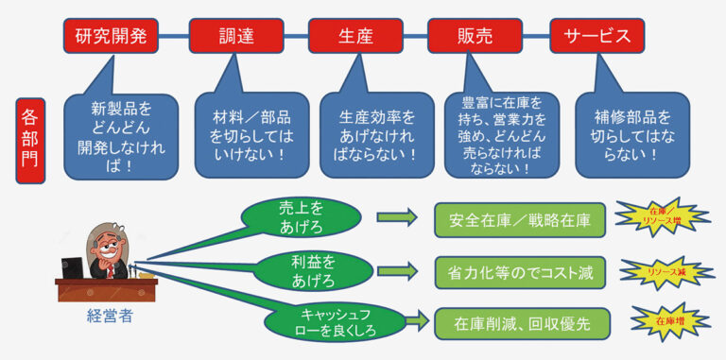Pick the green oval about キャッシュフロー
(336, 319)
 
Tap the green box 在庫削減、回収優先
(522, 322)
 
